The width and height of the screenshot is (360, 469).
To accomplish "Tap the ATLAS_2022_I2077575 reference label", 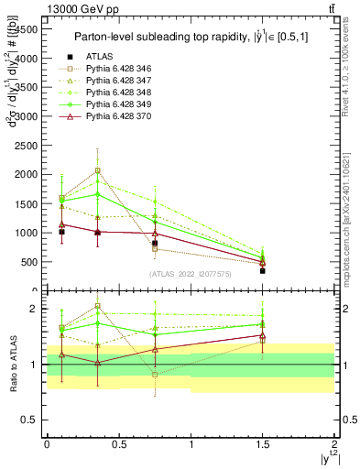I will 191,273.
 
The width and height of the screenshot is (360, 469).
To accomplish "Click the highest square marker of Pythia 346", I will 98,170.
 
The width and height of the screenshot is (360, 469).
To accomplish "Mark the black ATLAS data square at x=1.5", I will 263,271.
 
